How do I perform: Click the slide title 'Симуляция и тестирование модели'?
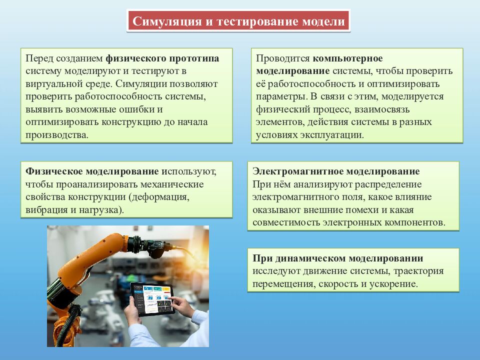238,22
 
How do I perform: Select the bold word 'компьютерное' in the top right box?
348,58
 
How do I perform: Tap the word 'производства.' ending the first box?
56,134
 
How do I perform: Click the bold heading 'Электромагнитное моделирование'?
336,171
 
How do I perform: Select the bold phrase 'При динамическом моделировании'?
338,258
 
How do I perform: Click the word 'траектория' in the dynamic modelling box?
419,271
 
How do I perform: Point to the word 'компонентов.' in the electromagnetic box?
418,222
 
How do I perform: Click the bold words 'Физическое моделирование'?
92,171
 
